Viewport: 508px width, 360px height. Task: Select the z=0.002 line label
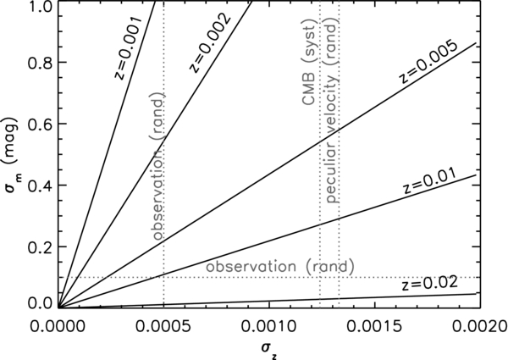click(x=209, y=43)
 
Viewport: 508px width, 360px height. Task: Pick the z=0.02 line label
click(x=429, y=284)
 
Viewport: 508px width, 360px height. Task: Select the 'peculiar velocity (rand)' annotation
click(x=332, y=109)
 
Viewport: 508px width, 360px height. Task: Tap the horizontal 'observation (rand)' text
click(x=280, y=267)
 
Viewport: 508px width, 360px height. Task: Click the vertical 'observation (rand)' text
click(x=158, y=167)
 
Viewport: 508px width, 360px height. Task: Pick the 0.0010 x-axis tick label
click(x=269, y=326)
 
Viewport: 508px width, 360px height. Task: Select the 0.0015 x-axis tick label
click(x=375, y=326)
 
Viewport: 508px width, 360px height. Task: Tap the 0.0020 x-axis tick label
click(x=480, y=326)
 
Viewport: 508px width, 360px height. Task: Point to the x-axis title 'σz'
click(x=269, y=352)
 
